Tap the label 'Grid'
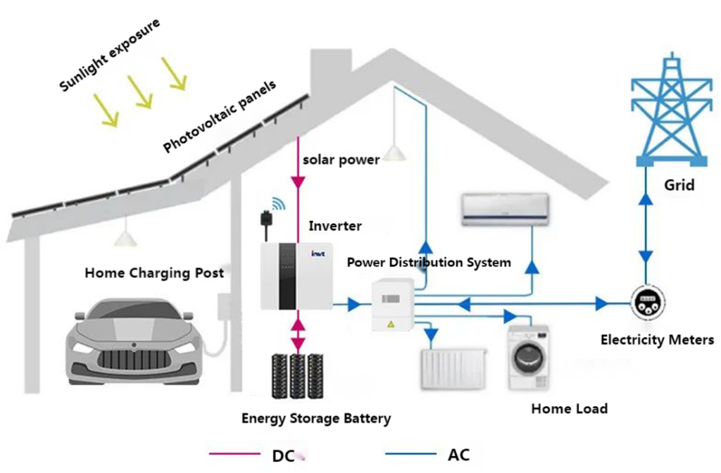(679, 185)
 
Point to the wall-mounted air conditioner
(505, 210)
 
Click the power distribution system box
(391, 304)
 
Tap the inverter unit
(294, 276)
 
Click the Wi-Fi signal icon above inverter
(279, 204)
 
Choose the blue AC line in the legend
(410, 454)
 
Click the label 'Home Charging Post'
(154, 273)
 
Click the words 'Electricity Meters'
(656, 340)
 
